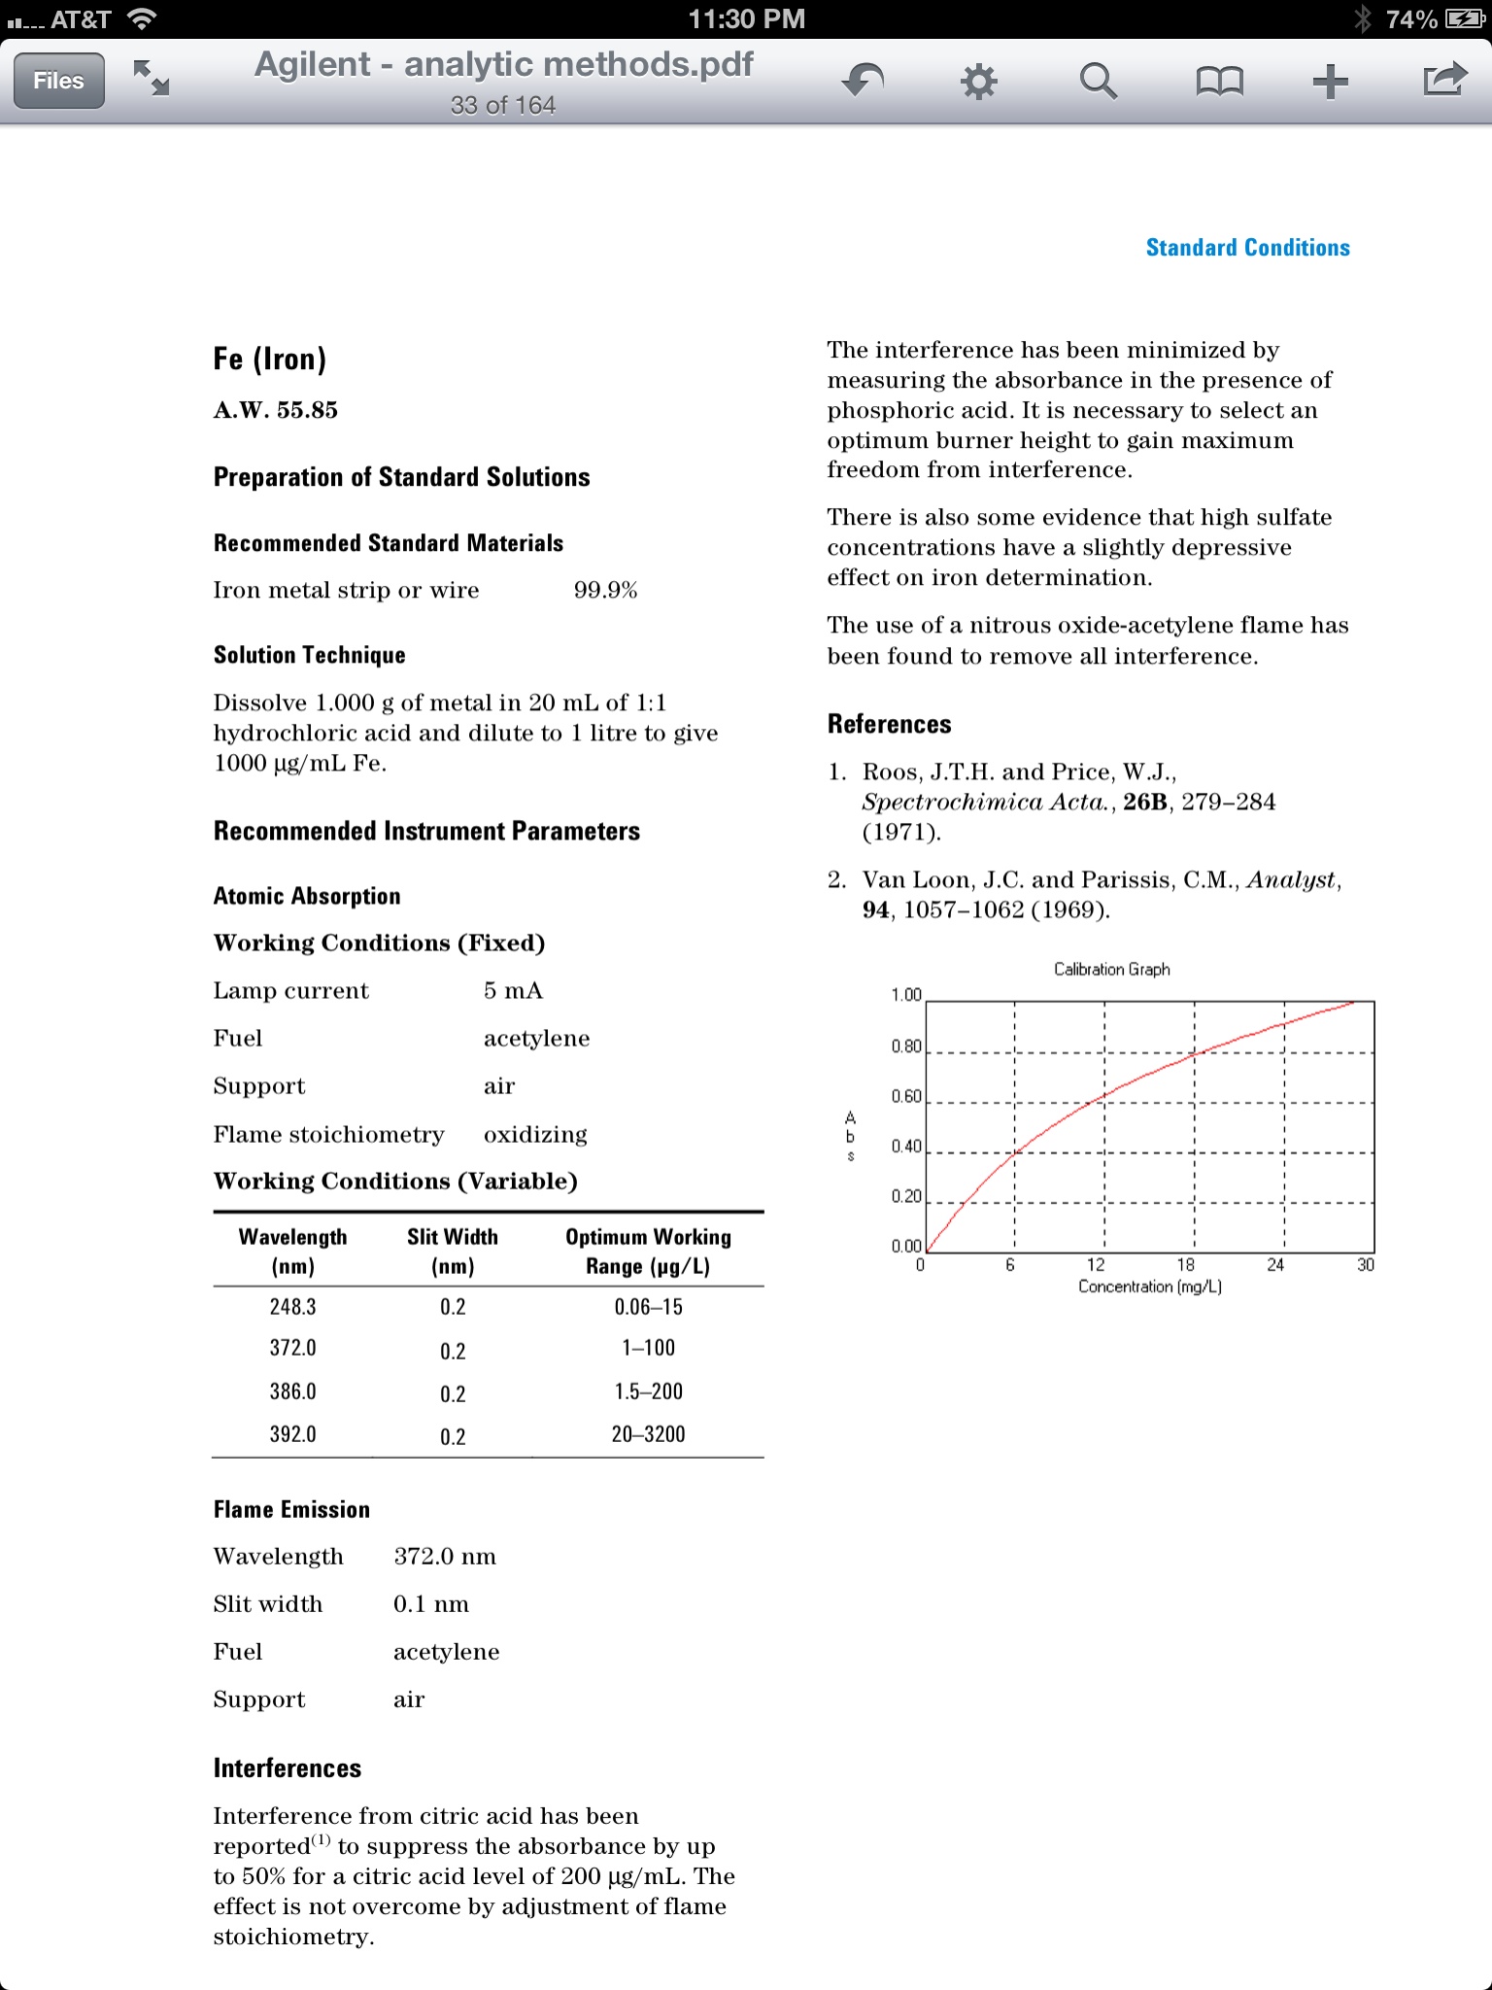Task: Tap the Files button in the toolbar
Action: coord(58,81)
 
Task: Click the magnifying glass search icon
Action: coord(1098,81)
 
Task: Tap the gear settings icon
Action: coord(978,82)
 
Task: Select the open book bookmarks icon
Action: coord(1219,82)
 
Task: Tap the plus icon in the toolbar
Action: coord(1330,82)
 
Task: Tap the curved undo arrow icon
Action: coord(863,81)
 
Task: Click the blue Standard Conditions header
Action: coord(1247,248)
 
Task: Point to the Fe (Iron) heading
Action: coord(270,360)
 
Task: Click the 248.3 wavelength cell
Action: coord(292,1307)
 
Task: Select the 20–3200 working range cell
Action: coord(648,1434)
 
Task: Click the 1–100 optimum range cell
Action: coord(648,1348)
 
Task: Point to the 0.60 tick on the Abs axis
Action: coord(906,1097)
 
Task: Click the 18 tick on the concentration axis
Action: coord(1186,1265)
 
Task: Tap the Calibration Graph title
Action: coord(1111,970)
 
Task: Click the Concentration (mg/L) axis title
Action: coord(1149,1287)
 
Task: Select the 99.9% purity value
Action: coord(605,591)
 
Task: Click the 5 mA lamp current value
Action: coord(513,991)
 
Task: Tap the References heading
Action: coord(889,724)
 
